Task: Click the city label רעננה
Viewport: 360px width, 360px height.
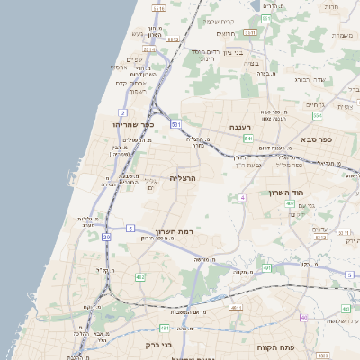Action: coord(239,127)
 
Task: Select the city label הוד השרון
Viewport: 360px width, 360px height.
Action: coord(288,193)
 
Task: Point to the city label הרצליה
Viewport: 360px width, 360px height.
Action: coord(183,178)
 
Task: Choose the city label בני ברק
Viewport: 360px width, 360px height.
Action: coord(144,343)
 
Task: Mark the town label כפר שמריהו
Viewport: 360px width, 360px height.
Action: coord(135,125)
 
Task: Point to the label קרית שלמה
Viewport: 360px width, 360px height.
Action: coord(219,20)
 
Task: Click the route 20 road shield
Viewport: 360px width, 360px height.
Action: coord(106,237)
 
